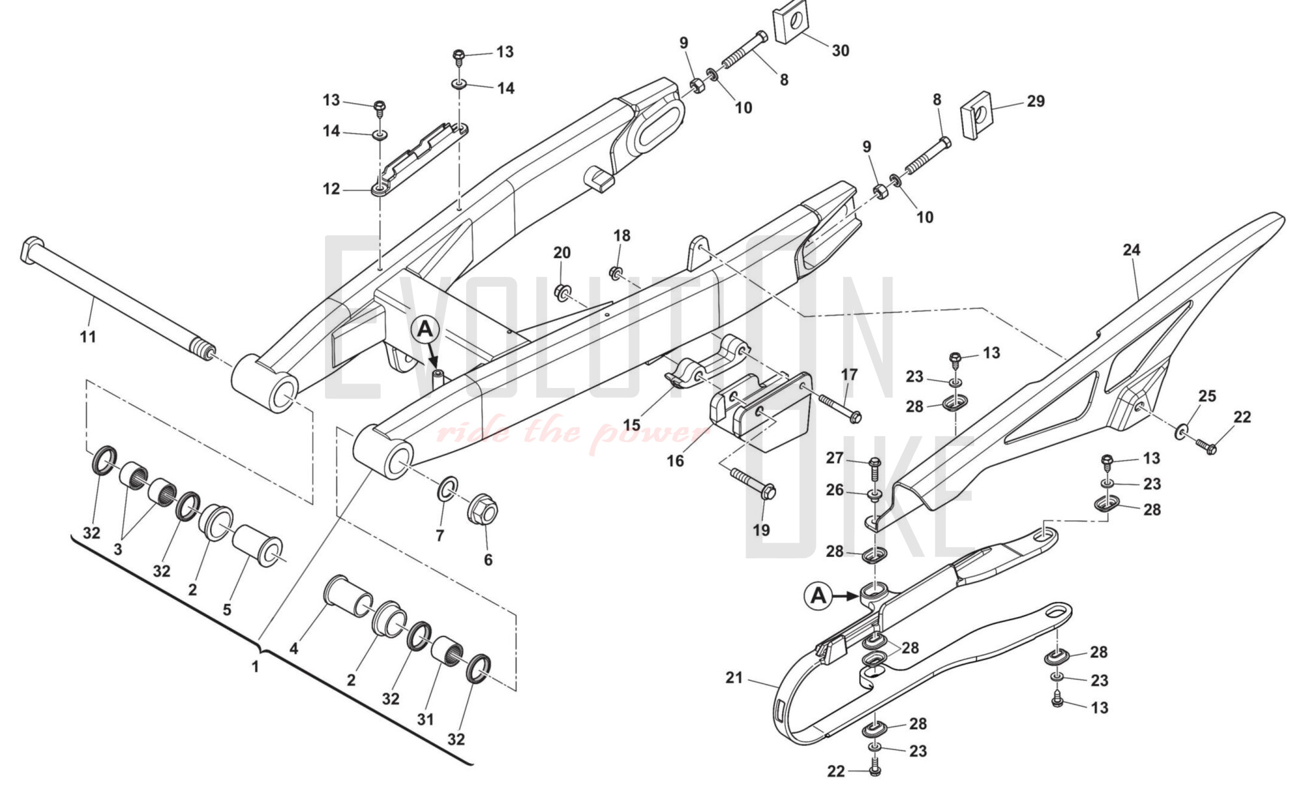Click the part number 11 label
[88, 337]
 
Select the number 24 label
[1132, 250]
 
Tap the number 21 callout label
[734, 678]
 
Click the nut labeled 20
[562, 292]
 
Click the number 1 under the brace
[255, 667]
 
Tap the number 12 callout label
[331, 189]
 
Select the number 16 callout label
[675, 461]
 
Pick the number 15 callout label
[631, 425]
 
